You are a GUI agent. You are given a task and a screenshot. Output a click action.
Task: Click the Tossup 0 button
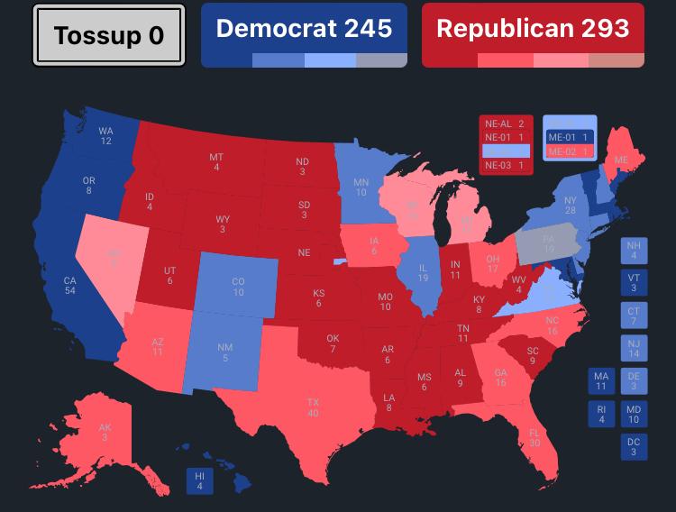(x=108, y=35)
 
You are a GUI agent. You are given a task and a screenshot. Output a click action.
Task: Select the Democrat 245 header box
(x=304, y=35)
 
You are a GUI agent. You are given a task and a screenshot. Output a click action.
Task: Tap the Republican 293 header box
(x=533, y=35)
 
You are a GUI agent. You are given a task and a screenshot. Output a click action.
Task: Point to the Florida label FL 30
(x=534, y=438)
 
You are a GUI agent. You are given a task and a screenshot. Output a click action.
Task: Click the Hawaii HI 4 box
(x=200, y=480)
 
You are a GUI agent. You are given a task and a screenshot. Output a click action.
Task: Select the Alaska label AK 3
(x=105, y=433)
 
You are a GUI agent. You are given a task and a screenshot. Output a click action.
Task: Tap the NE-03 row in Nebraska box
(x=506, y=165)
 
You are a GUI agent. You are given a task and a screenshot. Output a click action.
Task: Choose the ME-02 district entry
(x=569, y=151)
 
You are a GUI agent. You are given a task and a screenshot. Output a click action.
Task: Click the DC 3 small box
(x=634, y=446)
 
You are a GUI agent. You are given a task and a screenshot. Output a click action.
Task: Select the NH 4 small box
(x=634, y=250)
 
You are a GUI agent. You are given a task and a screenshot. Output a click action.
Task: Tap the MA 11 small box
(x=601, y=381)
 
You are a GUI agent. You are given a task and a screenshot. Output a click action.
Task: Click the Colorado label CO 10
(x=238, y=287)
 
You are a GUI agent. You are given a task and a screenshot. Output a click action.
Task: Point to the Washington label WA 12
(x=106, y=136)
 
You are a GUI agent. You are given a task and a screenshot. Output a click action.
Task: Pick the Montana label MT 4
(x=216, y=162)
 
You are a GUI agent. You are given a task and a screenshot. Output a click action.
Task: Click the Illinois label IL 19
(x=422, y=273)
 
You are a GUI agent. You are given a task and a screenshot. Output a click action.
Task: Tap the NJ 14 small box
(x=634, y=348)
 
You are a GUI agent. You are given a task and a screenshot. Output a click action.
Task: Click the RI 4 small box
(x=601, y=414)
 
